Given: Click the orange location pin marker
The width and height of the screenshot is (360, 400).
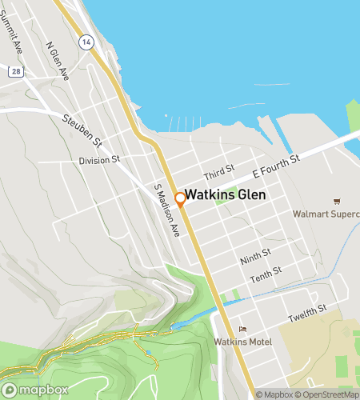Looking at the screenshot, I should [181, 199].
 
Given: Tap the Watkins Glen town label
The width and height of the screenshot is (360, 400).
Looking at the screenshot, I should [226, 195].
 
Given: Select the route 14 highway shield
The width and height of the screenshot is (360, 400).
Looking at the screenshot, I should [86, 41].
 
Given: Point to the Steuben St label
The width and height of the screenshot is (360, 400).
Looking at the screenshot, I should [83, 132].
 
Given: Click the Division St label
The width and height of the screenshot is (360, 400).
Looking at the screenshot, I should [98, 160].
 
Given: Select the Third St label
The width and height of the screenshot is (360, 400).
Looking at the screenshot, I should [218, 171].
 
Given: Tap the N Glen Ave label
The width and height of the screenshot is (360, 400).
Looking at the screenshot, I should [58, 60].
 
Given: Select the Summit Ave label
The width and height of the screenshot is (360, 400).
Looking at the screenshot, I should [14, 32].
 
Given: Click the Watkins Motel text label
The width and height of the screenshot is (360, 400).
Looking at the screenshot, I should [243, 342].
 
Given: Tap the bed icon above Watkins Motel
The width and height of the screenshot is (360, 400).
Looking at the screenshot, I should [243, 330].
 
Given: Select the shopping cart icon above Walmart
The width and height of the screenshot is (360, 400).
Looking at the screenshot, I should [337, 201].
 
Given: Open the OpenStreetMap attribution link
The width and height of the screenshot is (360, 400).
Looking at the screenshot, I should [327, 394].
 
